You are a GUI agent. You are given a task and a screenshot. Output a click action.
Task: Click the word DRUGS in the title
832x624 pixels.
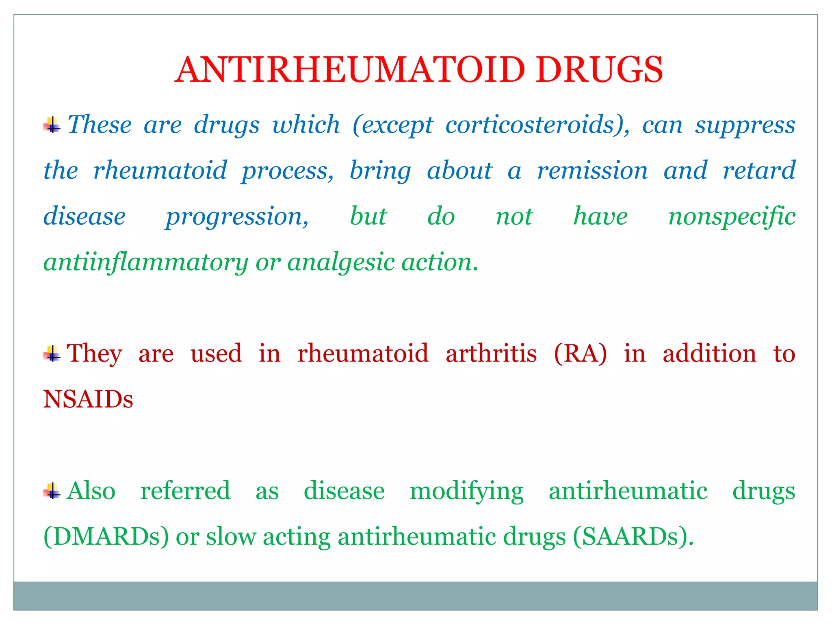point(599,70)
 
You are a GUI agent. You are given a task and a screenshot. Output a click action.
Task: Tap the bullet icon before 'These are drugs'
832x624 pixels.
point(52,125)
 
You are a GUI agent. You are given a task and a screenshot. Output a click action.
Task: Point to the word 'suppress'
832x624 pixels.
point(745,125)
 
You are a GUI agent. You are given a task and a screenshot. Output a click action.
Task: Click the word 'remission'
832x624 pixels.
point(592,170)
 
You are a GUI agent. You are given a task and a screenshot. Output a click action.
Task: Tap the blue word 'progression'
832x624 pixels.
point(237,217)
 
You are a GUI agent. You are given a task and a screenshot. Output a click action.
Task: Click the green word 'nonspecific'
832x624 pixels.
point(732,217)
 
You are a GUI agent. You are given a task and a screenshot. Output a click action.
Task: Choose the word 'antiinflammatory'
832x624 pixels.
point(145,263)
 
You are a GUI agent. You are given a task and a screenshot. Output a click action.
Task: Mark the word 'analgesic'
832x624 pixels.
point(341,263)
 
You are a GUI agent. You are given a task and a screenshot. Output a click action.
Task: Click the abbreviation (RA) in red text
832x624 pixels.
point(580,353)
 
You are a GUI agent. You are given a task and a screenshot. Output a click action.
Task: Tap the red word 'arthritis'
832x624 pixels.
point(491,353)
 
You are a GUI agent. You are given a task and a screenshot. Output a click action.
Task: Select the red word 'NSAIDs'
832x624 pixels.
point(88,399)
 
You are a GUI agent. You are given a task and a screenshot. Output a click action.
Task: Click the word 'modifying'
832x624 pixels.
point(466,492)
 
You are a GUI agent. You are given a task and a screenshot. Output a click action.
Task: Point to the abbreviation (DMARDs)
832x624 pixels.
point(106,537)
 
